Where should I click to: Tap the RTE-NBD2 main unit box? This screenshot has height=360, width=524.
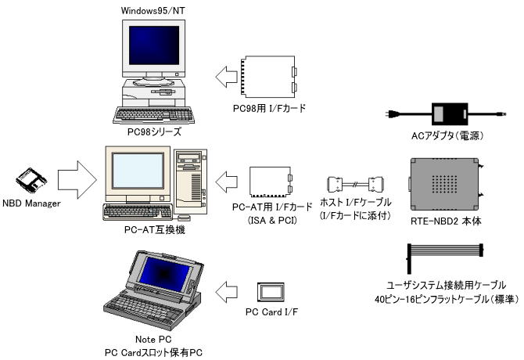(x=446, y=183)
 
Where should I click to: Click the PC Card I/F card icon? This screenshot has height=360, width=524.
(x=270, y=292)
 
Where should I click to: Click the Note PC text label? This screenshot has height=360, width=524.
(x=153, y=339)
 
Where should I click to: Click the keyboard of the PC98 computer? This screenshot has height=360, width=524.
(x=153, y=114)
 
